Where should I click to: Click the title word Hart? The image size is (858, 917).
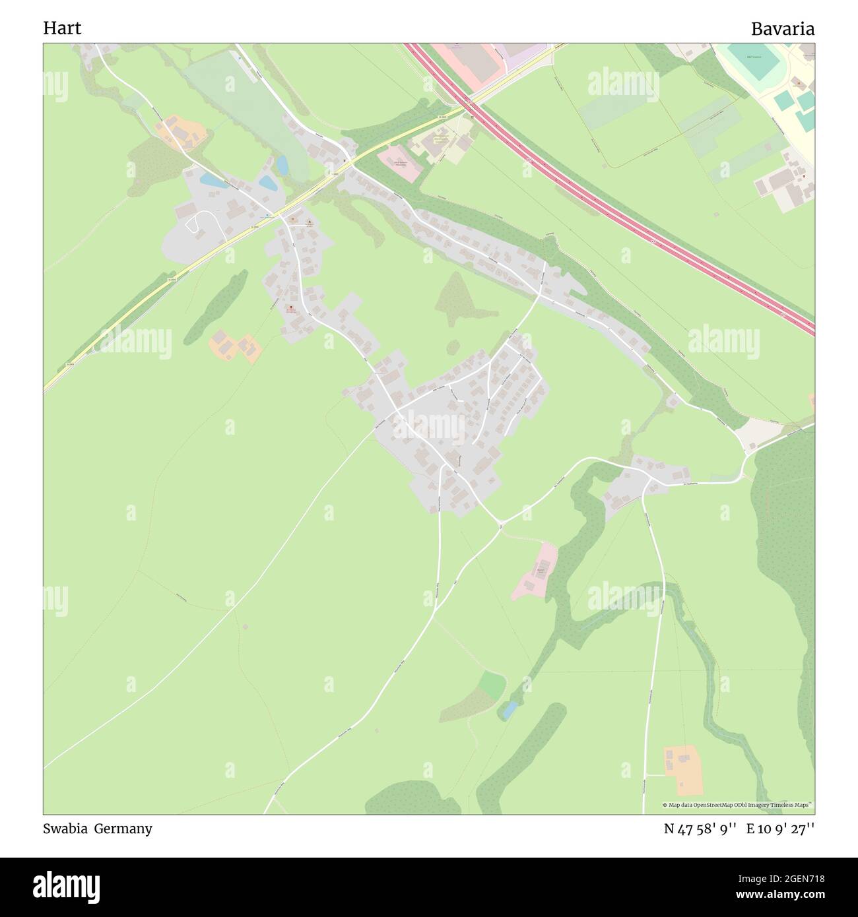[62, 28]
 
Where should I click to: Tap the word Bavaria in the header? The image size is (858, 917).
[782, 29]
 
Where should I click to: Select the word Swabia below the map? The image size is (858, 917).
[65, 829]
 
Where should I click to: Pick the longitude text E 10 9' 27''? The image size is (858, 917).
[780, 829]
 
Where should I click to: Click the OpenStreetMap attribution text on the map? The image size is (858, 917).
[738, 805]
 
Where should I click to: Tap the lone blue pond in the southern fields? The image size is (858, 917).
[508, 710]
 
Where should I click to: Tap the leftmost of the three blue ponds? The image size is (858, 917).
[211, 179]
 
